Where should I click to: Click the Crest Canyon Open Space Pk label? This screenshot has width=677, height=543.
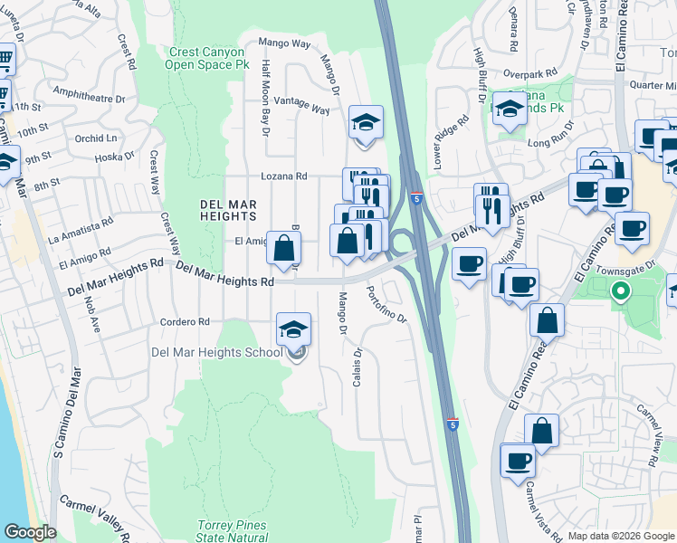[207, 59]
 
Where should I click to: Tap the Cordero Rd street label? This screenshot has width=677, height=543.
[185, 321]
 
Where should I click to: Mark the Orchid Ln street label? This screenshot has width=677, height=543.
[97, 138]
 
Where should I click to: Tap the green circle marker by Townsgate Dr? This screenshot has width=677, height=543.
[620, 291]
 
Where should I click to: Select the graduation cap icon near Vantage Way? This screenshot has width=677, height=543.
[366, 123]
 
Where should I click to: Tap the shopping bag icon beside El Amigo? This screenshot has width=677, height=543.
[284, 247]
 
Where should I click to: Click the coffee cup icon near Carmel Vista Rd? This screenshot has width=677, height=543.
[518, 462]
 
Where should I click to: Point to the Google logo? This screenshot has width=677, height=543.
[30, 532]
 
